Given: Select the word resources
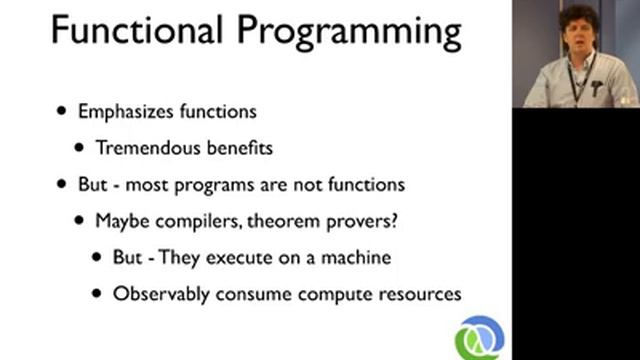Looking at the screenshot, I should pyautogui.click(x=418, y=295).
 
